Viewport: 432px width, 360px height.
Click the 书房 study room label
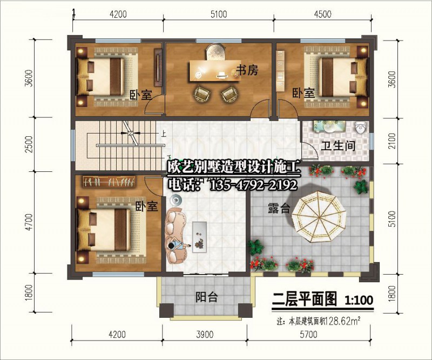tap(248, 70)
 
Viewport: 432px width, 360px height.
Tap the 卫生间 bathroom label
tap(338, 145)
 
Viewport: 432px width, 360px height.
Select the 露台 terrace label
tap(279, 209)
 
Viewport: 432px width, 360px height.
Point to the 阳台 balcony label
tap(207, 297)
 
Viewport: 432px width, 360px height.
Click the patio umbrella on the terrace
tap(319, 217)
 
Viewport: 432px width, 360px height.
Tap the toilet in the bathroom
tap(361, 128)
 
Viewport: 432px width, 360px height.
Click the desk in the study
tap(215, 71)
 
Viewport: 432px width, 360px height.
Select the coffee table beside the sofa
tap(200, 236)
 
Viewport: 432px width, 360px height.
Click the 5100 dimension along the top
tap(219, 14)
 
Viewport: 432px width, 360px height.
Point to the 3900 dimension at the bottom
tap(205, 335)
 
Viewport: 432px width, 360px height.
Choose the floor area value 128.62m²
tap(343, 321)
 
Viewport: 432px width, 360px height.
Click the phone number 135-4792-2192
tap(253, 185)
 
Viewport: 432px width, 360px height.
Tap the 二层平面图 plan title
tap(305, 299)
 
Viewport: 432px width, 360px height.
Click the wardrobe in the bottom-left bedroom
tap(110, 182)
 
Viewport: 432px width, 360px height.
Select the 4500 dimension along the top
tap(322, 14)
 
